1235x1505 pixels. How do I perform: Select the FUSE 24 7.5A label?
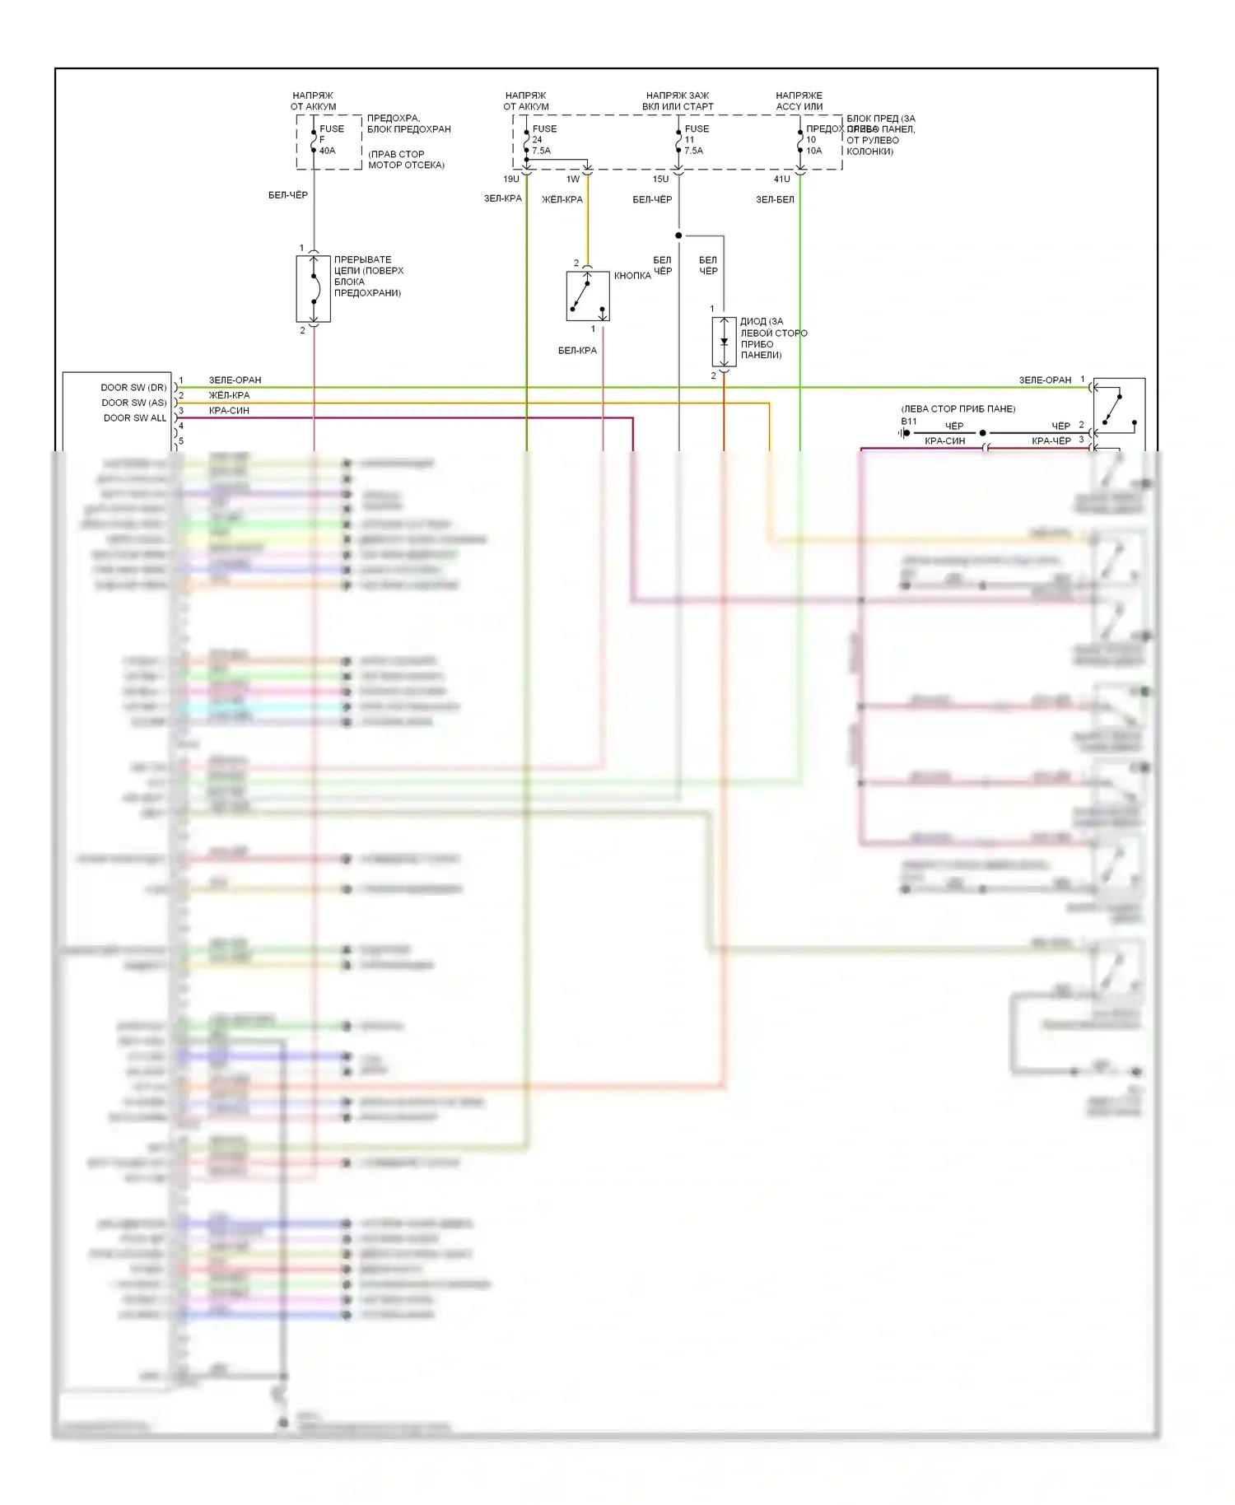(543, 139)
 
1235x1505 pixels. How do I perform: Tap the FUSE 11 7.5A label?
(696, 139)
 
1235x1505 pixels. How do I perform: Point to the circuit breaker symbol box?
(313, 288)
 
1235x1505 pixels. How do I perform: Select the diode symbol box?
(724, 342)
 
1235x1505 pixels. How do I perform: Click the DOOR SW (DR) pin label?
(133, 387)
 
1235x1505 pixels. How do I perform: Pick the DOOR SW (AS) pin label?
(133, 403)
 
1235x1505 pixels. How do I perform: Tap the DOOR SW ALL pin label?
(135, 418)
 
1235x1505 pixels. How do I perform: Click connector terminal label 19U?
(511, 179)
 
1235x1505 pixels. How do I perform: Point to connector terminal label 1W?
(573, 179)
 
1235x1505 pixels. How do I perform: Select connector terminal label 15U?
(660, 179)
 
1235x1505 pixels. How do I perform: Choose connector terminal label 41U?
(781, 179)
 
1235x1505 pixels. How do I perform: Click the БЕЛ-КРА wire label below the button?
(577, 351)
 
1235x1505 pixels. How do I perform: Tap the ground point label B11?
(908, 422)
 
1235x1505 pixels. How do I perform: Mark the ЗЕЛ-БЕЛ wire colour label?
(775, 199)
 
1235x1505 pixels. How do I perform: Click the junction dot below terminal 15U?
(678, 235)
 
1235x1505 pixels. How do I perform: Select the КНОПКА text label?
(632, 276)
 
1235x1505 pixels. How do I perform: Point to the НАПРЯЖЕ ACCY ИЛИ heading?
(799, 101)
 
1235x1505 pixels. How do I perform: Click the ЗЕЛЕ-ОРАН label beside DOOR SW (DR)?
(235, 380)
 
